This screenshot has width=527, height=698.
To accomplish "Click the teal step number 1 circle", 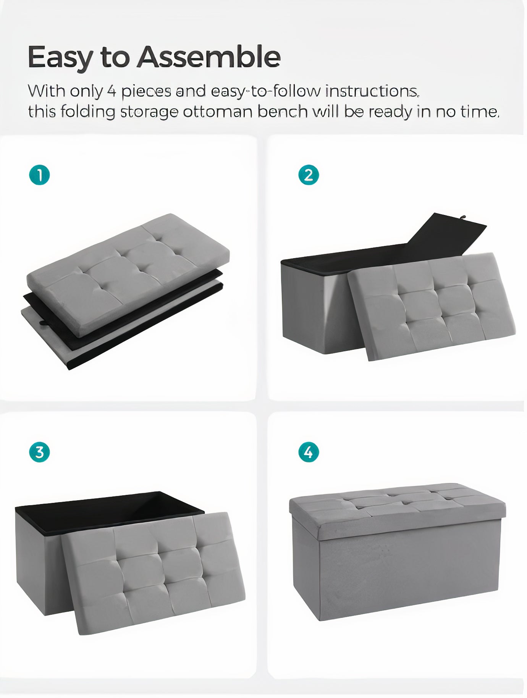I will click(39, 175).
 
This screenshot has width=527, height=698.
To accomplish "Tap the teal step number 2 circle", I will click(309, 175).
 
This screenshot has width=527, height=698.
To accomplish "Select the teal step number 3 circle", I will click(39, 452).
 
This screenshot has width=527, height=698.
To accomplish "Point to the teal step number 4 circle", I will click(309, 452).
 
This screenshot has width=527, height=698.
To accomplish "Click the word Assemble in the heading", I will click(209, 57).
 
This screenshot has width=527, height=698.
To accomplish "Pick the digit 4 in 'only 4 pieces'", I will click(111, 91).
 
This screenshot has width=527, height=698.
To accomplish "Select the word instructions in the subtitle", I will click(372, 91).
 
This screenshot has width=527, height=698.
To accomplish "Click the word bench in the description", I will click(282, 111).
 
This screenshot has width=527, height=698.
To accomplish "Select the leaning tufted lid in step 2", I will click(432, 305).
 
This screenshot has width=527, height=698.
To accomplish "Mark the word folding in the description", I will click(88, 112).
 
